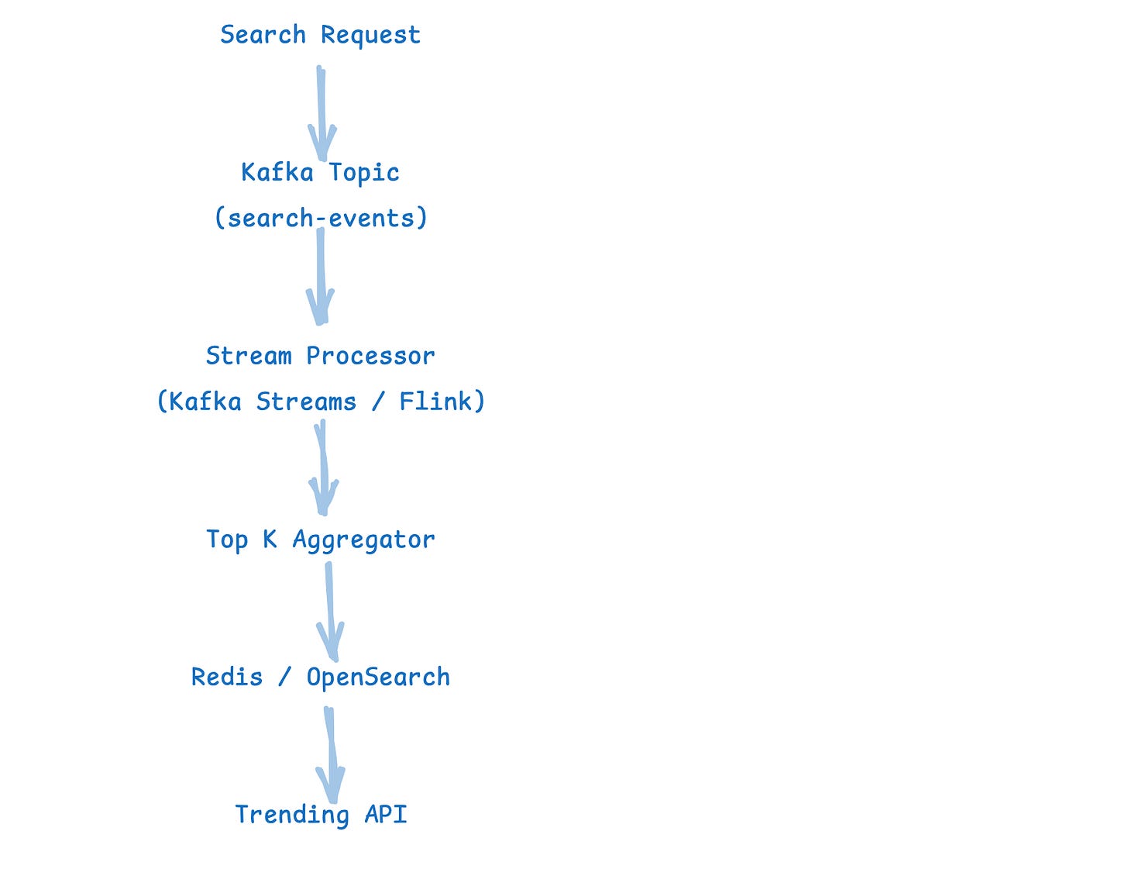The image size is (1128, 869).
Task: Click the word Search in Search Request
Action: [263, 35]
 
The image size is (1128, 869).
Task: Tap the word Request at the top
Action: [370, 36]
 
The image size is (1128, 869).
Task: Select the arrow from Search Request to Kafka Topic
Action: [322, 113]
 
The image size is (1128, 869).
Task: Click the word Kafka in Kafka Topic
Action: [277, 172]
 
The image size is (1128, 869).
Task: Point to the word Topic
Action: [364, 173]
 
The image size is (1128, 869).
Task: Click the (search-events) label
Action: [321, 218]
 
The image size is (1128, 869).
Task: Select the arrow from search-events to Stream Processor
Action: [320, 277]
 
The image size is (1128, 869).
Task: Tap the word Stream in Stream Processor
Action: [249, 356]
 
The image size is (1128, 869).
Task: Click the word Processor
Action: [370, 356]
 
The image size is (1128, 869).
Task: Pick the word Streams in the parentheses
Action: [306, 402]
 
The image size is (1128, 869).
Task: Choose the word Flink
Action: [435, 402]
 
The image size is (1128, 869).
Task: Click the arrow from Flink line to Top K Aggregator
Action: [323, 468]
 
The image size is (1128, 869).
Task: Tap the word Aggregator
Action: [363, 540]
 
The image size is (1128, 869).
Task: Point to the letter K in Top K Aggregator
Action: [270, 540]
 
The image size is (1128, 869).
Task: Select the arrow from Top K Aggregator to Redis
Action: [330, 612]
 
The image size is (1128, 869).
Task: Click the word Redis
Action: [227, 677]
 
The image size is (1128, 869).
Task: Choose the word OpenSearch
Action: [378, 678]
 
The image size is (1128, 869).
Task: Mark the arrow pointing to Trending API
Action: [330, 755]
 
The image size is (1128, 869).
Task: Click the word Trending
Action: [292, 815]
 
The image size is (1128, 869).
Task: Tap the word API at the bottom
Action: [386, 814]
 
